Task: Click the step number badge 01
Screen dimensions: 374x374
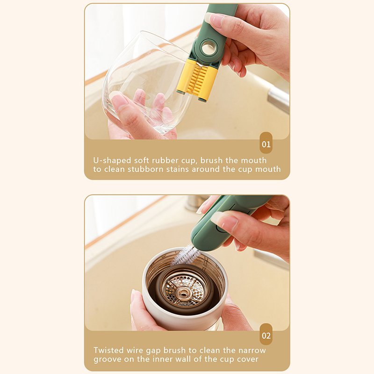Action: tap(266, 143)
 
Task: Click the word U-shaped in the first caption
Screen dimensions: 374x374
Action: tap(112, 160)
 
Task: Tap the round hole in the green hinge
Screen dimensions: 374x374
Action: tap(209, 47)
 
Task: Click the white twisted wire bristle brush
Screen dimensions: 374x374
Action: tap(187, 255)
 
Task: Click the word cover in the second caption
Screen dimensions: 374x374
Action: tap(248, 359)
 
